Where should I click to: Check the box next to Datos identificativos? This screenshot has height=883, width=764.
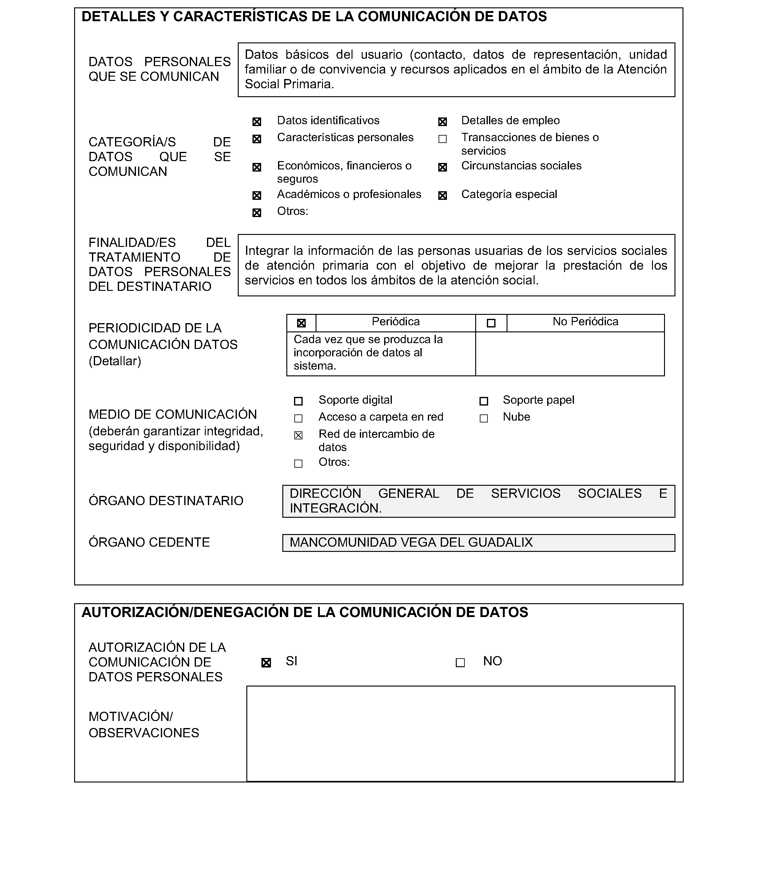[257, 122]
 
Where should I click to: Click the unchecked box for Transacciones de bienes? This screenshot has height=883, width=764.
[443, 139]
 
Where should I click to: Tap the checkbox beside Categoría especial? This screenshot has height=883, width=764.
[443, 196]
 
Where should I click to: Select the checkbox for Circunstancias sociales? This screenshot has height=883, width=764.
[443, 167]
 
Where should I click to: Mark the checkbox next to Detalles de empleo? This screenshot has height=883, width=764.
[443, 122]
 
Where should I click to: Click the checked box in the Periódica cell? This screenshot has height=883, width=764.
[301, 323]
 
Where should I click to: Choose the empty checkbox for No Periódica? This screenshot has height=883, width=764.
[491, 323]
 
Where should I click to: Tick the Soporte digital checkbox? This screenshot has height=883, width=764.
[298, 401]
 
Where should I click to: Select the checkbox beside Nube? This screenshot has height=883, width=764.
[483, 418]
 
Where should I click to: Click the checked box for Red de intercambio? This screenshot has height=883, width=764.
[298, 435]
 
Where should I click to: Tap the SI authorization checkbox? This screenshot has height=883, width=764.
[266, 663]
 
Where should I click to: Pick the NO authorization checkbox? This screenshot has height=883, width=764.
[460, 663]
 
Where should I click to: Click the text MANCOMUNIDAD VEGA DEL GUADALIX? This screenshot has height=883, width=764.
[411, 543]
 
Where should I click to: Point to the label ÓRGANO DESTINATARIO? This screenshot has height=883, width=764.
[166, 501]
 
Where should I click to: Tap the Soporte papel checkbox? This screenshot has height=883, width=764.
[483, 401]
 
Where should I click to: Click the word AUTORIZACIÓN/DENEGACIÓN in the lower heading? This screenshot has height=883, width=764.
[185, 612]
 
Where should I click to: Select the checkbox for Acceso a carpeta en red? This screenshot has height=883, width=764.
[298, 418]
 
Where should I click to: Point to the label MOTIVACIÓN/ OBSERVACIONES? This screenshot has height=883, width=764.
[144, 724]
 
